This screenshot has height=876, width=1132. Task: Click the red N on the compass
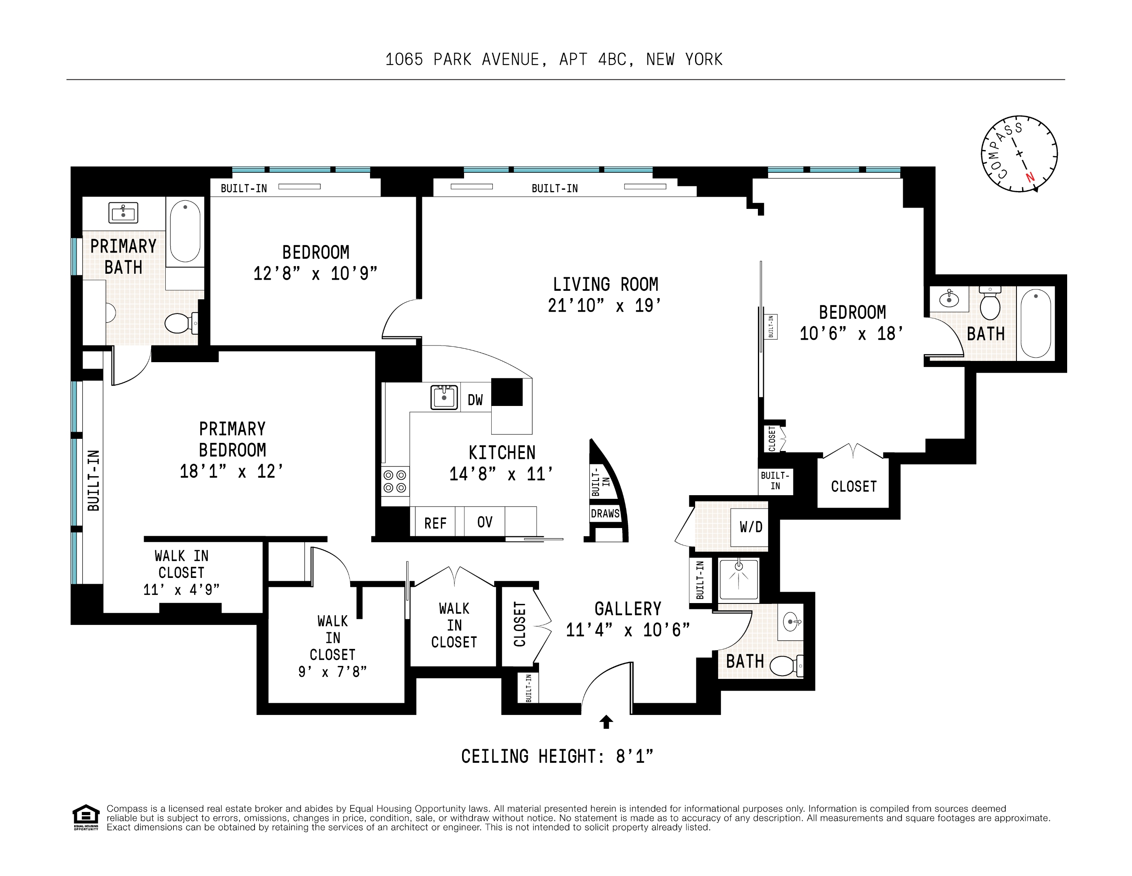coord(1030,177)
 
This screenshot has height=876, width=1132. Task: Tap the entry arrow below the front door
coord(606,721)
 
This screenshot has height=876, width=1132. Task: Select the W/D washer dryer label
coord(751,527)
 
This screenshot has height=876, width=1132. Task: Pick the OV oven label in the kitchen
coord(485,522)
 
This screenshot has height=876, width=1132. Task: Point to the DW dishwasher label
coord(475,400)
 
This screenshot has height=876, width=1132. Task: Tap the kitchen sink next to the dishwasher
coord(444,397)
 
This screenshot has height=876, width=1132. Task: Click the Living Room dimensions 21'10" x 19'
coord(604,305)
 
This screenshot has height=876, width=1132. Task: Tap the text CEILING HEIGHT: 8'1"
coord(557,756)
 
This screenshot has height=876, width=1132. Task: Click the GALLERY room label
coord(628,608)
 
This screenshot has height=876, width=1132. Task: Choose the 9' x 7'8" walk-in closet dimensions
coord(332,672)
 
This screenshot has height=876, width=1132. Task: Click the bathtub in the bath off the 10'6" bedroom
coord(1036,323)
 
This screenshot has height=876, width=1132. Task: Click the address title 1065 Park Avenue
coord(554,60)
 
